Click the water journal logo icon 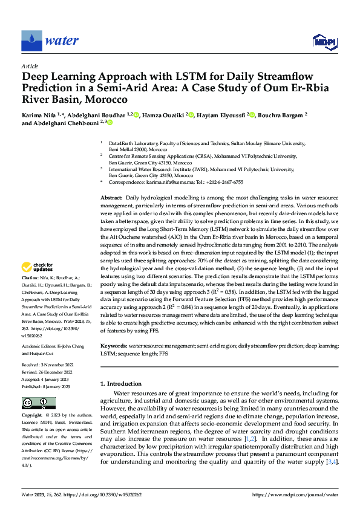tap(32, 41)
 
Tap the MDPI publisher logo tap(324, 41)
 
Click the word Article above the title tap(30, 66)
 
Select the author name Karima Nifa tap(39, 114)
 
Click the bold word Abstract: tap(111, 198)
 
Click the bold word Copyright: tap(33, 416)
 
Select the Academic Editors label tap(42, 346)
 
